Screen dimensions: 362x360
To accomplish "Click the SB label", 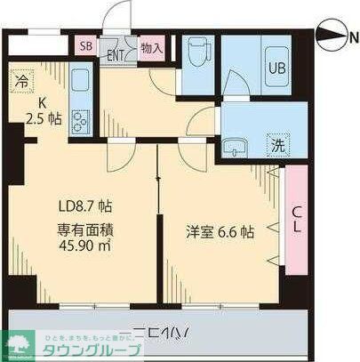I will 86,47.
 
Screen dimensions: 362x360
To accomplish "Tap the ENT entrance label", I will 116,53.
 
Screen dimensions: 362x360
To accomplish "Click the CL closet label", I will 296,216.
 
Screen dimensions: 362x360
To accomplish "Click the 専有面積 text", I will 84,228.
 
